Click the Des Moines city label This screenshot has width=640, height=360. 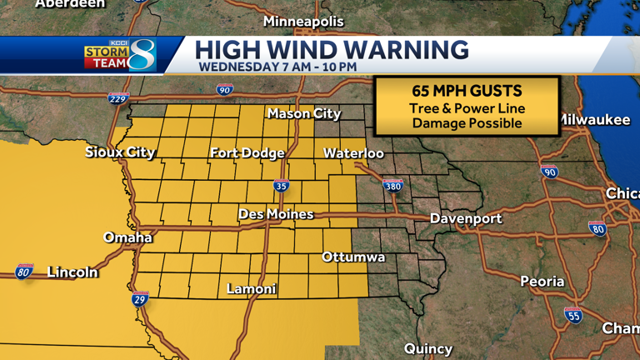[x=276, y=214]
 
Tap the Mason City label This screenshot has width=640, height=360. [x=303, y=113]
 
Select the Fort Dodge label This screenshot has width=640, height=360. [x=247, y=152]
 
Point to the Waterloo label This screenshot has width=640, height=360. [x=353, y=153]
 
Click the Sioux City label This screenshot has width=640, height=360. [x=120, y=152]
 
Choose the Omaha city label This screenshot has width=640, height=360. [x=127, y=237]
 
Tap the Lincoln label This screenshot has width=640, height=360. [x=72, y=272]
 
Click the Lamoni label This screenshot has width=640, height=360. [x=252, y=289]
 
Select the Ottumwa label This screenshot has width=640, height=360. [x=353, y=257]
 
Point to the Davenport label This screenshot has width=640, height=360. [x=466, y=218]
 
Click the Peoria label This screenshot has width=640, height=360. [x=542, y=282]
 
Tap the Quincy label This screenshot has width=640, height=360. [x=428, y=348]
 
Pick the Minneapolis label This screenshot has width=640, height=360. [x=303, y=21]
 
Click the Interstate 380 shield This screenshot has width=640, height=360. [x=392, y=185]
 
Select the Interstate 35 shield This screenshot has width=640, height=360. [x=282, y=185]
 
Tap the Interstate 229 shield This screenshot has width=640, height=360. [x=118, y=99]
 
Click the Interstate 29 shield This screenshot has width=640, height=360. [x=140, y=298]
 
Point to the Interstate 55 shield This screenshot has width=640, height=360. [x=572, y=315]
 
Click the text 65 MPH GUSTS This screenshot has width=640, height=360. [x=467, y=91]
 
